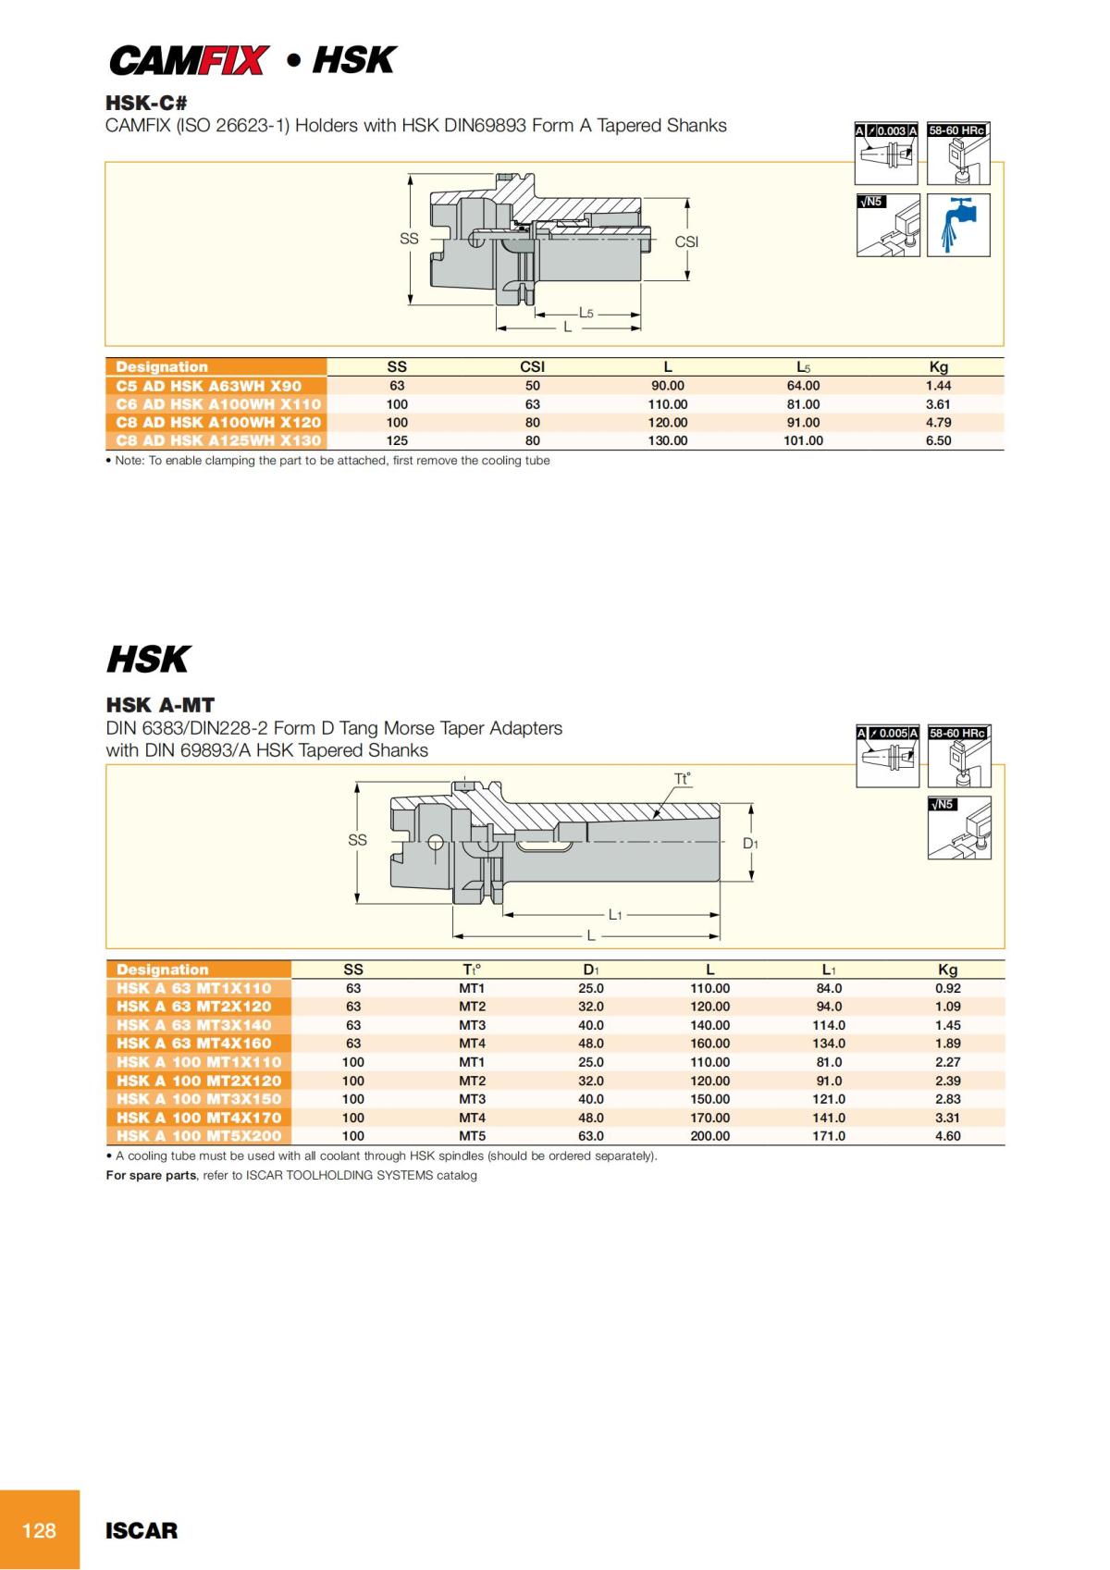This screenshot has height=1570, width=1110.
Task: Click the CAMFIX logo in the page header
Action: point(190,61)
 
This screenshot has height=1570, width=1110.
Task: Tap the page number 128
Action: point(39,1530)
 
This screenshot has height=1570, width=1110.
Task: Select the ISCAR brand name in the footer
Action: point(142,1530)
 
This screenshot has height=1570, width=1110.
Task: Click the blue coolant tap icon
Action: point(959,225)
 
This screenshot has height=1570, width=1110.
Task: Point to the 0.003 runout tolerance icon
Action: point(886,153)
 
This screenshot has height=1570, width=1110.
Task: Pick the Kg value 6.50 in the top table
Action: point(938,440)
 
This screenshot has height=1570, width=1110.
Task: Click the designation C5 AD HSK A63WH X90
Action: point(209,386)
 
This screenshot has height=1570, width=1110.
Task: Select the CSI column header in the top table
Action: point(532,366)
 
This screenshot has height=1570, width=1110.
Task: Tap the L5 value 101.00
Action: point(803,440)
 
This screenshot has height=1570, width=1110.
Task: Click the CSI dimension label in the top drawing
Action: point(686,241)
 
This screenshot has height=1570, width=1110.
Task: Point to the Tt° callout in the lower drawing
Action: point(683,779)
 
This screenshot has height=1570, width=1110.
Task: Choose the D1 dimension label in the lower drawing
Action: point(750,844)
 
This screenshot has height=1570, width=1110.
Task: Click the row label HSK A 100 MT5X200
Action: point(199,1136)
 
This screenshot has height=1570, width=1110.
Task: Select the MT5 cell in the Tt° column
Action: point(472,1136)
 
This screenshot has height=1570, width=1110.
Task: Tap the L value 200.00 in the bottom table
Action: point(709,1136)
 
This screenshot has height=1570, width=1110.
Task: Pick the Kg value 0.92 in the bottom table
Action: point(947,988)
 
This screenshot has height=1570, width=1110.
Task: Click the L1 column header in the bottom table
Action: point(829,970)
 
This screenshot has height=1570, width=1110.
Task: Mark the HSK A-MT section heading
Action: point(160,705)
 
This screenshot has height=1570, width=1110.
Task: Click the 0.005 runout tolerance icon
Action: point(887,755)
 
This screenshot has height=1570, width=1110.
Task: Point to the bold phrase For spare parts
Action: point(151,1175)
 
